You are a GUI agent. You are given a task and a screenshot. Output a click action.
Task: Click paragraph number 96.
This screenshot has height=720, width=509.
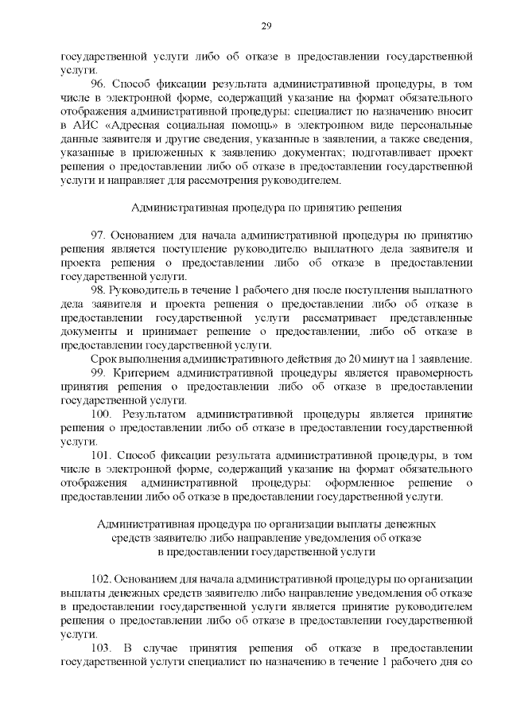[99, 84]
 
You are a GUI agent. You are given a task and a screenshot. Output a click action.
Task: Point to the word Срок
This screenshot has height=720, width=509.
[103, 360]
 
